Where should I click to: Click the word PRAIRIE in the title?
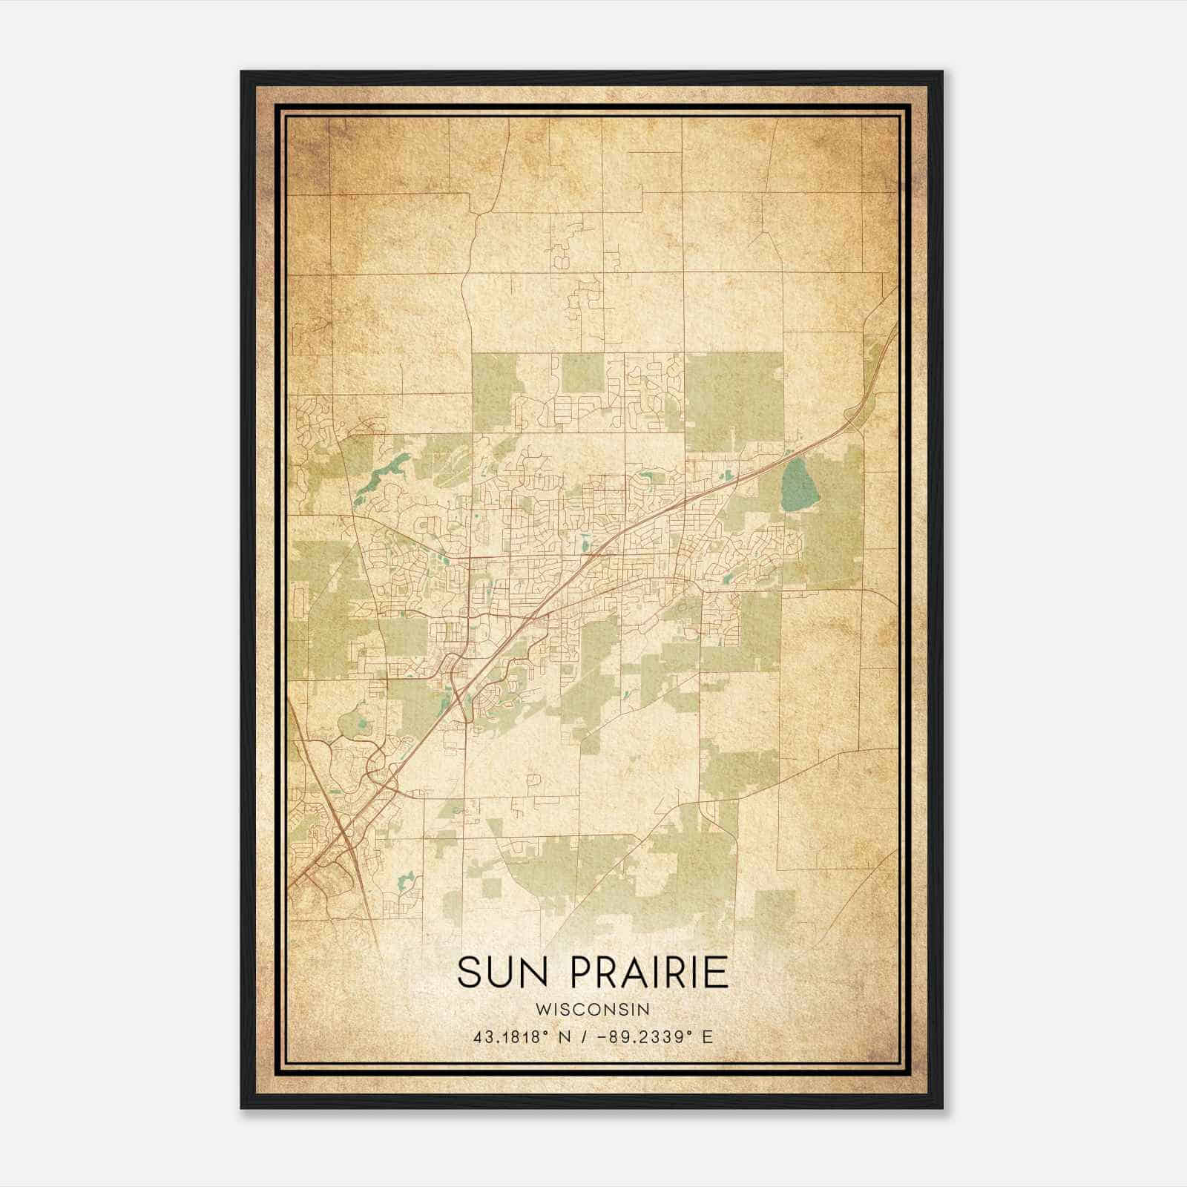tap(649, 973)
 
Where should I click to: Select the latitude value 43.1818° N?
tap(520, 1036)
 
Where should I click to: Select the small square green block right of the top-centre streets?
tap(582, 373)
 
